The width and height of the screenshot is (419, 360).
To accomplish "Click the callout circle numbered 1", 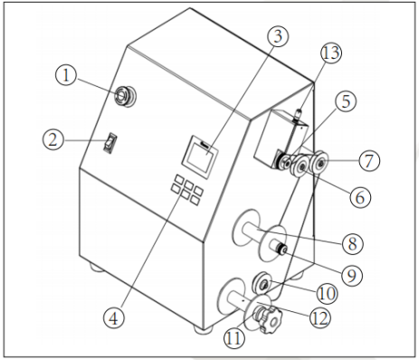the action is click(x=66, y=75).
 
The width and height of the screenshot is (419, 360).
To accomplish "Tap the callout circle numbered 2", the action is click(x=53, y=140).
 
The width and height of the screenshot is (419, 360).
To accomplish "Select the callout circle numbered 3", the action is click(x=278, y=36).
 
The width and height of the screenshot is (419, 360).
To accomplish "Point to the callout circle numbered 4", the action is click(x=114, y=317).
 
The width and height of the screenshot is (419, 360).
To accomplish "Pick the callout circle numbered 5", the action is click(x=346, y=101).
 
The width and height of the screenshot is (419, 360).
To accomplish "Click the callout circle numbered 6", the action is click(x=360, y=197).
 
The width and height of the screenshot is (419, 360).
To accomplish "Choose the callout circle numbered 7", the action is click(x=369, y=160).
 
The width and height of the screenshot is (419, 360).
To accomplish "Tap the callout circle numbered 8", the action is click(x=352, y=243).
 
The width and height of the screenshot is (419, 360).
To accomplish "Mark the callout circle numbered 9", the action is click(x=352, y=275).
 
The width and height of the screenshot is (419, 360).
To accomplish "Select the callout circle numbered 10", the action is click(x=327, y=293).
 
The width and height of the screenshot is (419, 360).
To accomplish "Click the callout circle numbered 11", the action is click(x=234, y=337).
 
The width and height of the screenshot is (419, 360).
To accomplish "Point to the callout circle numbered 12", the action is click(x=319, y=317).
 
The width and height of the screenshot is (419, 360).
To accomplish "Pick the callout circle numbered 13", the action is click(x=331, y=52).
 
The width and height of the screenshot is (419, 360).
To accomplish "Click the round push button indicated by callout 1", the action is click(x=125, y=96).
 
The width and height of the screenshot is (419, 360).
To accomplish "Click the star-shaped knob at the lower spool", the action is click(x=270, y=320).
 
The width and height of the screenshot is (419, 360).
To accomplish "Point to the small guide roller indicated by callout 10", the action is click(x=262, y=282).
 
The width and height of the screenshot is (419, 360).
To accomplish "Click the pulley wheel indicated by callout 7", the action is click(x=319, y=163).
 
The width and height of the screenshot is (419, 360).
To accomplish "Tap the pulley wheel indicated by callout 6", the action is click(x=300, y=167).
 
